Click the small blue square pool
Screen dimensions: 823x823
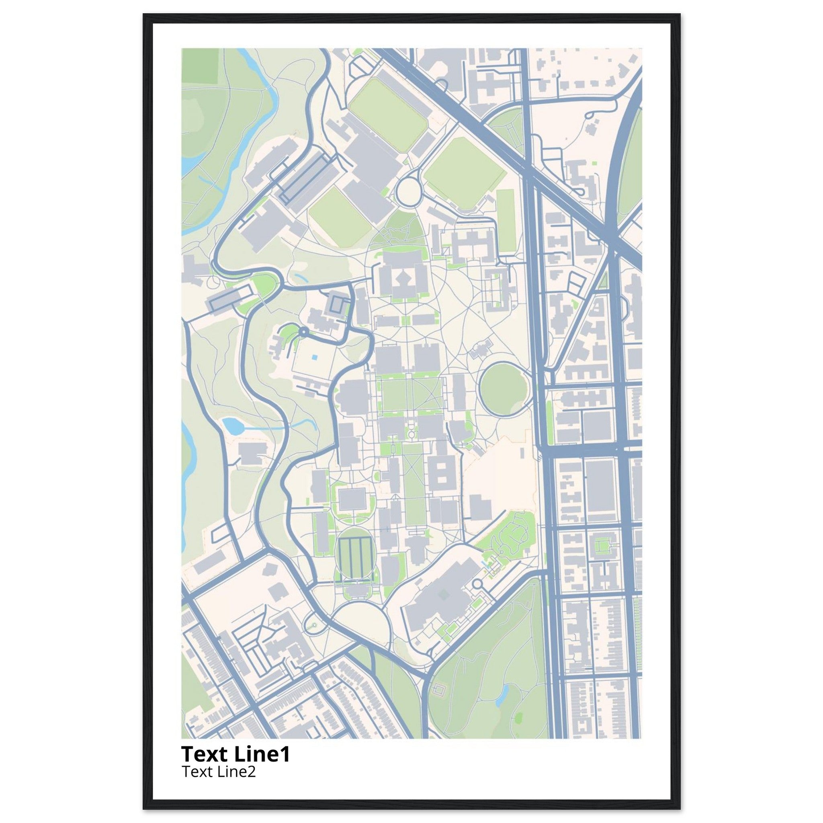coord(314,357)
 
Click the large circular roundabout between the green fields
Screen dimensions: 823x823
coord(409,192)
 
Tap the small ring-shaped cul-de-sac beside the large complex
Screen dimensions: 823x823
coord(477,583)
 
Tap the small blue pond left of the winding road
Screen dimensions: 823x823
coord(232,425)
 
